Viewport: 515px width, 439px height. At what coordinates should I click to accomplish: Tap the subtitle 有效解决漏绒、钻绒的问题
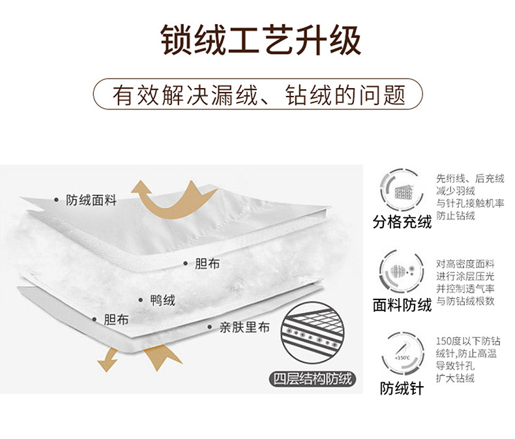259,95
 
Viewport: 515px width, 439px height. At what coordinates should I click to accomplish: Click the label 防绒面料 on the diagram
91,200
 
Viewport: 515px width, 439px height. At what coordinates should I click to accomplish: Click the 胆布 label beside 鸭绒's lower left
116,320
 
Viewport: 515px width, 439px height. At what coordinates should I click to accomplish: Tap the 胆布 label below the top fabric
207,264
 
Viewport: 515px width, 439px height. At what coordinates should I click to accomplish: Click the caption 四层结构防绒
312,379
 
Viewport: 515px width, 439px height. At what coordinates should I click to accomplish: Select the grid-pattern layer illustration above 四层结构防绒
312,337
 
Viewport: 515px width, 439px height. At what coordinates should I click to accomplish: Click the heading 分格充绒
402,222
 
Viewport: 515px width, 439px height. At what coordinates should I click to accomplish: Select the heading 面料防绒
402,305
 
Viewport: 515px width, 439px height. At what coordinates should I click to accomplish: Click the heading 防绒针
402,389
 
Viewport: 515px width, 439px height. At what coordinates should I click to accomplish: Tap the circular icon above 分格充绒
402,189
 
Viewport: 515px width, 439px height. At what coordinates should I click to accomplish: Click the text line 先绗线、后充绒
470,178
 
